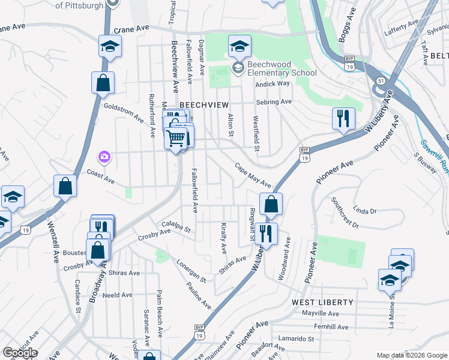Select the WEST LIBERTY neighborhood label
pyautogui.click(x=322, y=302)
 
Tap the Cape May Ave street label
pyautogui.click(x=253, y=176)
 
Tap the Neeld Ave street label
pyautogui.click(x=117, y=295)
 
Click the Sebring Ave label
pyautogui.click(x=274, y=102)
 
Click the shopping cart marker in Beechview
pyautogui.click(x=175, y=138)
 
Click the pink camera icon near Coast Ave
pyautogui.click(x=104, y=157)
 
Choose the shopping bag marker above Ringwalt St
pyautogui.click(x=271, y=203)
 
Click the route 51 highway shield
pyautogui.click(x=381, y=80)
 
